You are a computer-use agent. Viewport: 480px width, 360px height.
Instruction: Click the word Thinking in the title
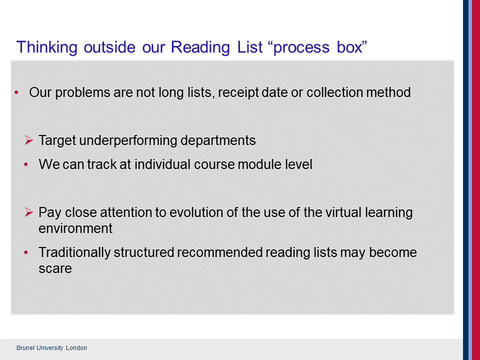pyautogui.click(x=47, y=47)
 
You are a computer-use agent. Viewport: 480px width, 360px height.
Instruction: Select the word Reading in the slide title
pyautogui.click(x=200, y=47)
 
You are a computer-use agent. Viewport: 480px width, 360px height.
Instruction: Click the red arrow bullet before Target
pyautogui.click(x=29, y=140)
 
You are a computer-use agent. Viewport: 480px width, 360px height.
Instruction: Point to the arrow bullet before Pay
pyautogui.click(x=29, y=212)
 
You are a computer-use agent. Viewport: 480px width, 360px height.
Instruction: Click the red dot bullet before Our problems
pyautogui.click(x=16, y=92)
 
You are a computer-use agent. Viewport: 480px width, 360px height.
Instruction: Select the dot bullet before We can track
pyautogui.click(x=26, y=164)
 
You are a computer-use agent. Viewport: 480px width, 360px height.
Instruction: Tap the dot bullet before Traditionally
pyautogui.click(x=26, y=252)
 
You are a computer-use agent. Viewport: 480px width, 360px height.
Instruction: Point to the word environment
pyautogui.click(x=75, y=228)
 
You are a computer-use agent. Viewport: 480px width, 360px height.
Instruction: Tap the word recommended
pyautogui.click(x=219, y=252)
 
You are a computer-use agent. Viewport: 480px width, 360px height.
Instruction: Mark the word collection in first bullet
pyautogui.click(x=334, y=92)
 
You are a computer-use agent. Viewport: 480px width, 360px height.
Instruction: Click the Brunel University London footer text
pyautogui.click(x=51, y=348)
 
